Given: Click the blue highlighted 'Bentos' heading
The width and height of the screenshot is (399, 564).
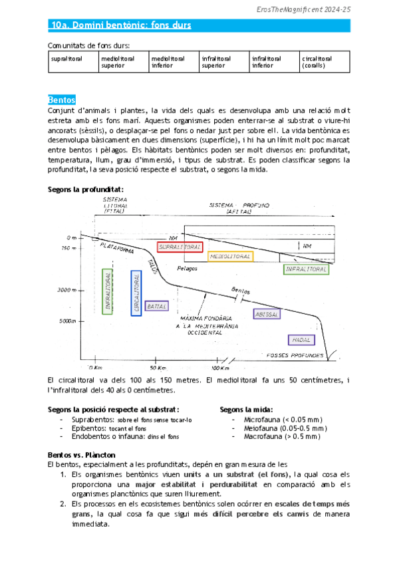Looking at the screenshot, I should pyautogui.click(x=62, y=99).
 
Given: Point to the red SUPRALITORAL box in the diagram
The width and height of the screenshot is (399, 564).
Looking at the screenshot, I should pyautogui.click(x=180, y=247).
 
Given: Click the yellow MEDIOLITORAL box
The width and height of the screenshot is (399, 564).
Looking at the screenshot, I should pyautogui.click(x=230, y=256).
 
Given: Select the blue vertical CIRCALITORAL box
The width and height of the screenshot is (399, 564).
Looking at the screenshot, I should pyautogui.click(x=136, y=293).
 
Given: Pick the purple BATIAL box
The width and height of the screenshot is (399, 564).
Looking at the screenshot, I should pyautogui.click(x=156, y=307).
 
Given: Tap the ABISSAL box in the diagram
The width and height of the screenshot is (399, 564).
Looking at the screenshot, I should pyautogui.click(x=267, y=313).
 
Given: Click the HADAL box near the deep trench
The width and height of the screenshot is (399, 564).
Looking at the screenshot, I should pyautogui.click(x=301, y=340).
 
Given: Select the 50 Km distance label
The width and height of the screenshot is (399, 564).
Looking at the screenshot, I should pyautogui.click(x=157, y=368).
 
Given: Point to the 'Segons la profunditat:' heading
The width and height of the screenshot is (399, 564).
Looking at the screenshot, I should pyautogui.click(x=85, y=189).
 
